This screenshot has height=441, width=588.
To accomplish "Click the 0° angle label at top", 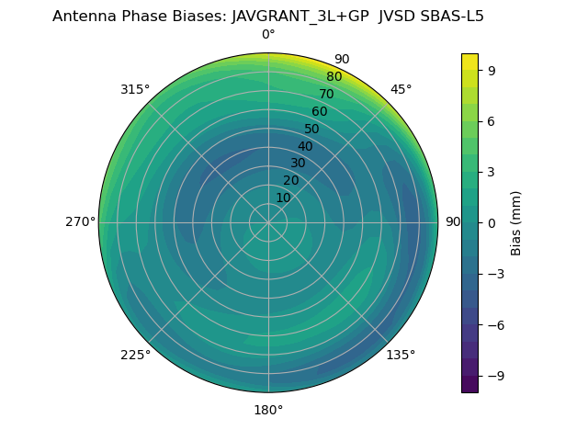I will (x=268, y=35).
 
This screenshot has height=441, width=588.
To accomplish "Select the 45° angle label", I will (x=401, y=89).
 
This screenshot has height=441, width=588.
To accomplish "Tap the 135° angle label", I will (x=401, y=355).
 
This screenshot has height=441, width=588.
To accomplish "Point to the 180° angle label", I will (x=268, y=410).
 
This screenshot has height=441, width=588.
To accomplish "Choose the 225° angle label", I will (x=135, y=355).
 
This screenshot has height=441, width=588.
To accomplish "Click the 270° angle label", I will (x=80, y=222).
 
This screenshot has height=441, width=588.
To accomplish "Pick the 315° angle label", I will (x=135, y=89).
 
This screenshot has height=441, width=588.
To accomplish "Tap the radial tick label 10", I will (x=283, y=198).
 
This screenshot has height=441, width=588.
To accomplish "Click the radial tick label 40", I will (x=305, y=146).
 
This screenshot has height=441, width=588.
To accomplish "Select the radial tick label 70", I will (x=326, y=94).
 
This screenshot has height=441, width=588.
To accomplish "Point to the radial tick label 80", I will (x=334, y=77).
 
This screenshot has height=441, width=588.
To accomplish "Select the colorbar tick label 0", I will (x=492, y=222).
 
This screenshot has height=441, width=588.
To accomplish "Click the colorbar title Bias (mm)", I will (x=516, y=222).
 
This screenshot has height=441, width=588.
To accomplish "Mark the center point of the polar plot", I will (x=268, y=222).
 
